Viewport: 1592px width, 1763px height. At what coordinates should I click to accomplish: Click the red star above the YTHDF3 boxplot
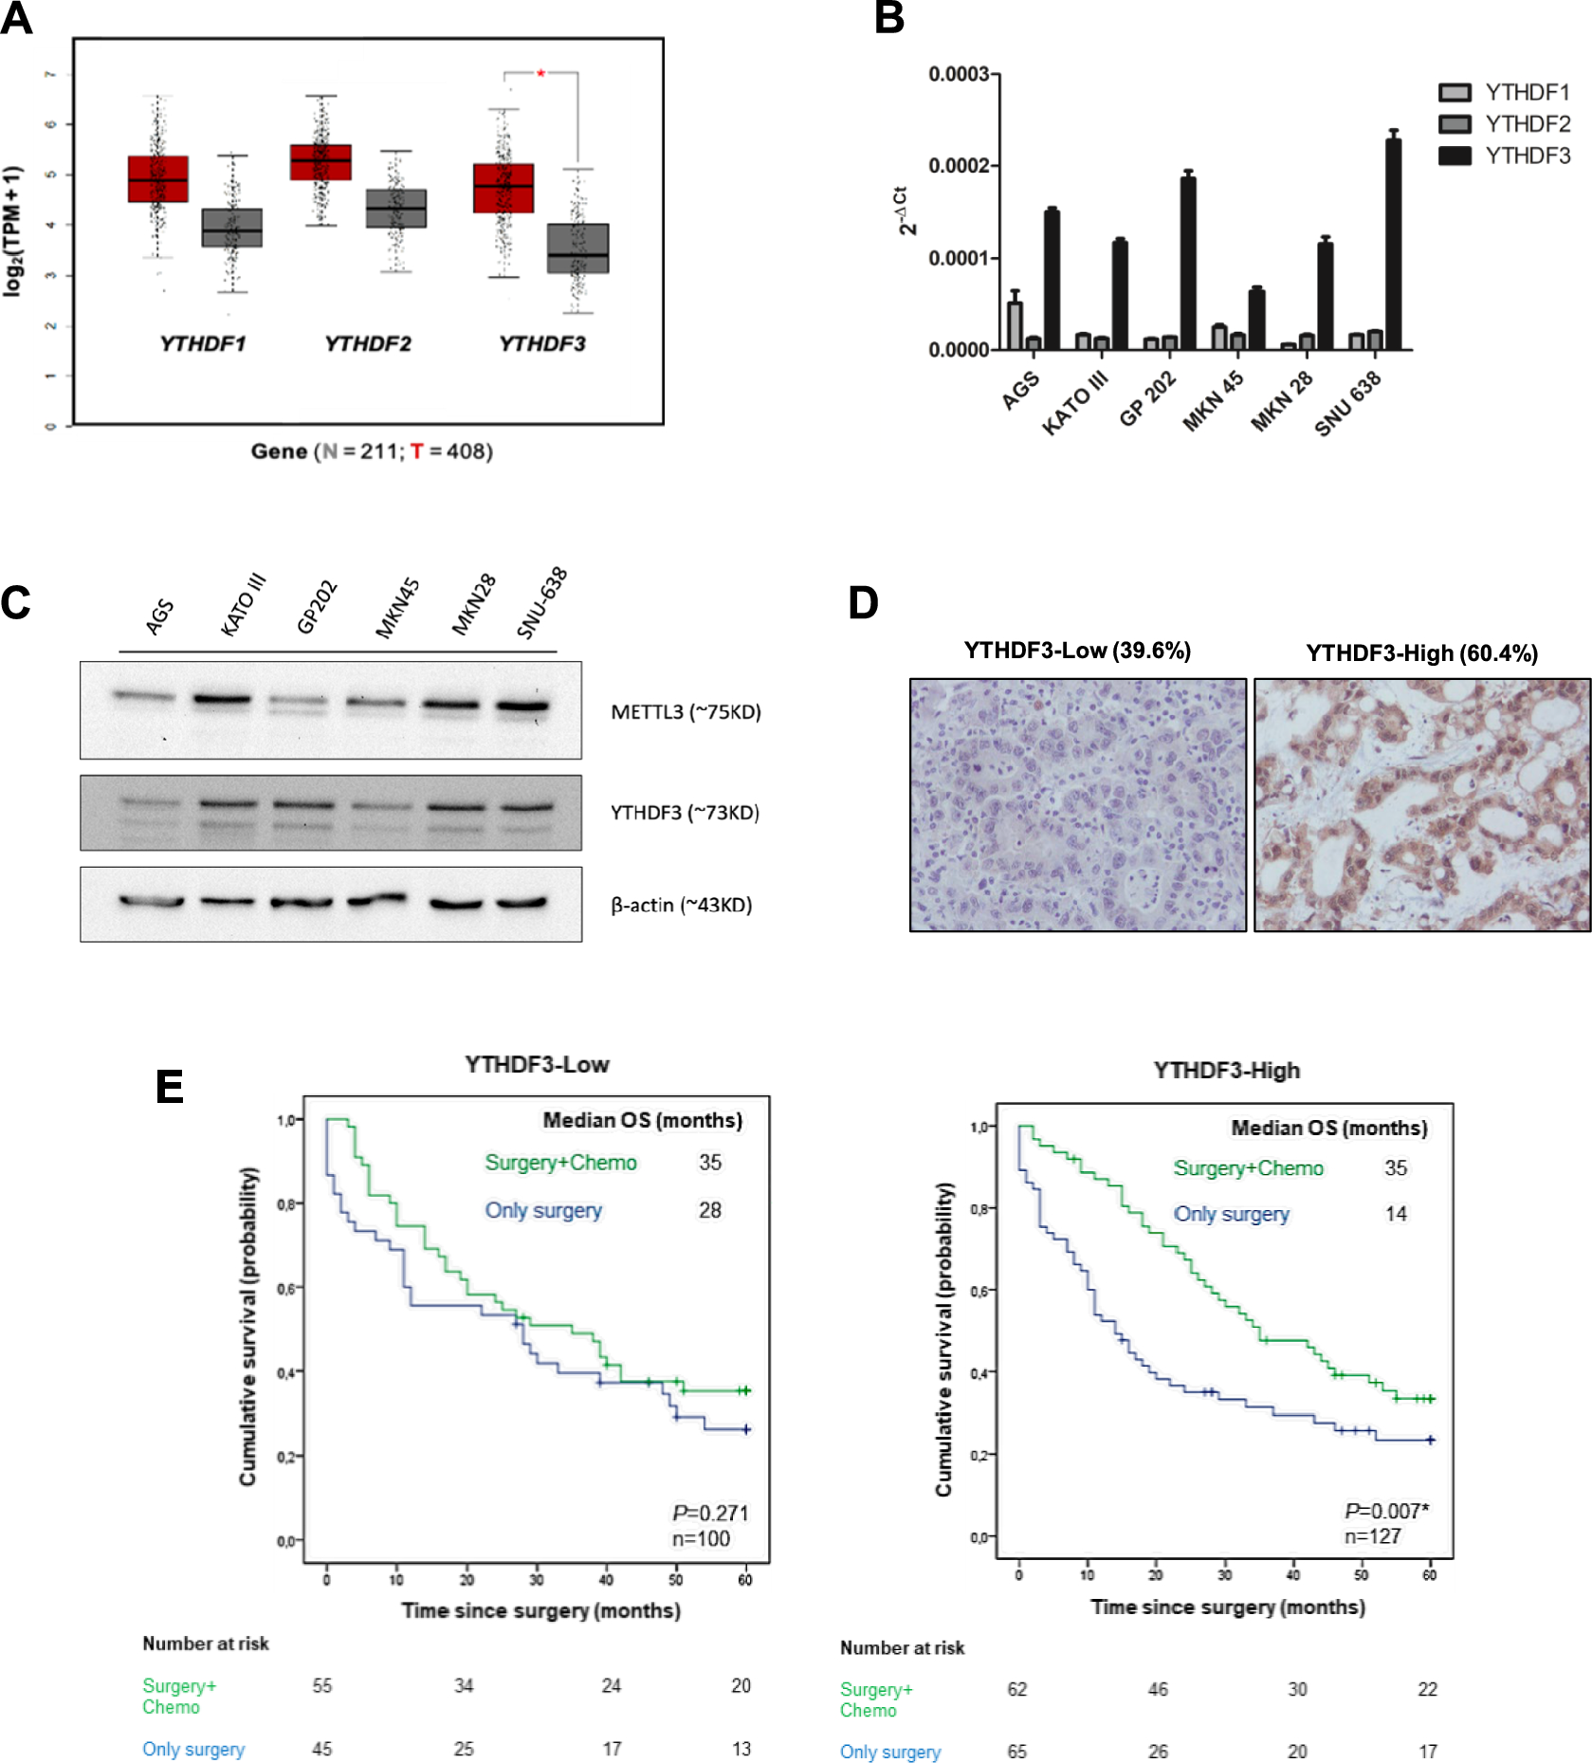pos(540,73)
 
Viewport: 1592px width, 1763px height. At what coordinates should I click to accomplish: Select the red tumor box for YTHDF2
pos(320,162)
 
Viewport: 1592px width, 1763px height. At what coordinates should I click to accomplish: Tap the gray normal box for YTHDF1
pos(231,228)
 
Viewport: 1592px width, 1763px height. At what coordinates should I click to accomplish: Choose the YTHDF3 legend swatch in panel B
pos(1455,156)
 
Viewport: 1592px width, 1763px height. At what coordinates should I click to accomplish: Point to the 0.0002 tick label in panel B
pos(958,166)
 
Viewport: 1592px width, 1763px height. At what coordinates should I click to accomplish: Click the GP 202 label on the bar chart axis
pos(1148,398)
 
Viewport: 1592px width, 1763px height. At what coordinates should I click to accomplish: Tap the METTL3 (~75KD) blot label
pos(686,711)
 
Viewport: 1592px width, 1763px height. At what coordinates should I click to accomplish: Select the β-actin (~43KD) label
pos(681,905)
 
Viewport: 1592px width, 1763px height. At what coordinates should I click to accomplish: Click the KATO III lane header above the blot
pos(243,605)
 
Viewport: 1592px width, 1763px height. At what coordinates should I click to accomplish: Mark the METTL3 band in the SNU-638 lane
pos(522,706)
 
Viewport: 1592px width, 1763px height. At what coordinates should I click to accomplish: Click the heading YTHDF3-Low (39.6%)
pos(1077,651)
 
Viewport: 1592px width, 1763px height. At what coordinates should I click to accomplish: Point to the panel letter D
pos(863,603)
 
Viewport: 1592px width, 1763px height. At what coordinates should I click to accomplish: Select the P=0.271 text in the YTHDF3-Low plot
pos(710,1513)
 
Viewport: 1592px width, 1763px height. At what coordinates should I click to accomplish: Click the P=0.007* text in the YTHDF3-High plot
pos(1386,1511)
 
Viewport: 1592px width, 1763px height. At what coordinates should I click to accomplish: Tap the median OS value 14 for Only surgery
pos(1396,1214)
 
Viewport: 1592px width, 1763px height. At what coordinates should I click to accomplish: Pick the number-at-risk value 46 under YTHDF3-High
pos(1158,1689)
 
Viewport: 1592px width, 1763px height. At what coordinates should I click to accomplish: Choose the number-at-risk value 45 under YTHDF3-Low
pos(322,1749)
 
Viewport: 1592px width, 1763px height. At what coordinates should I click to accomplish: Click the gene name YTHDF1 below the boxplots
pos(202,343)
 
